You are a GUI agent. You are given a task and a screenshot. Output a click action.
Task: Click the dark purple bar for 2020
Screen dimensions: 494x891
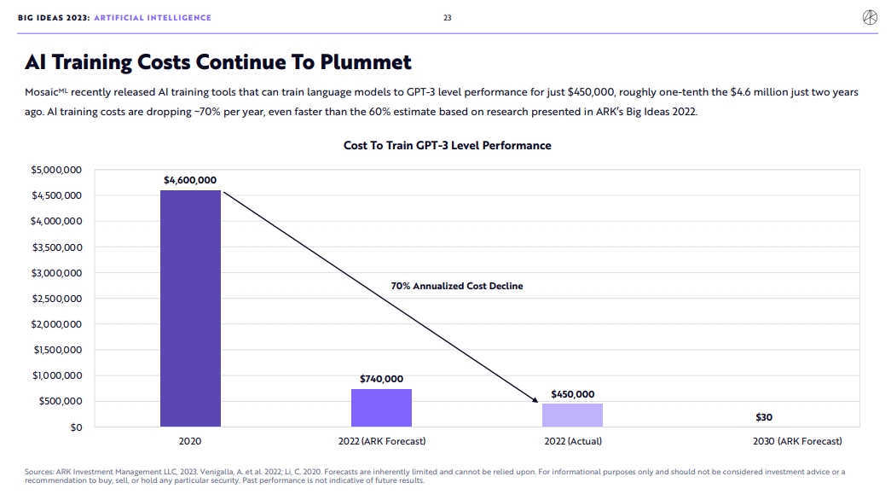pos(190,307)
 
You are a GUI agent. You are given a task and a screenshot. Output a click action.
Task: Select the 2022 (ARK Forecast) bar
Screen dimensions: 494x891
pos(381,408)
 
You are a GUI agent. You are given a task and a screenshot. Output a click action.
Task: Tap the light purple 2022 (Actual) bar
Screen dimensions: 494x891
pos(572,415)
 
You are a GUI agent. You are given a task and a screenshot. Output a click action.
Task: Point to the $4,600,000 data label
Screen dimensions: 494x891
pos(190,180)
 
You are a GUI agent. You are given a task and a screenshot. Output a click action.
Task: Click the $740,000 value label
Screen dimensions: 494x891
pos(381,379)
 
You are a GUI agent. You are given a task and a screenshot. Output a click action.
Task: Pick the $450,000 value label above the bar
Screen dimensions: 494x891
pos(572,394)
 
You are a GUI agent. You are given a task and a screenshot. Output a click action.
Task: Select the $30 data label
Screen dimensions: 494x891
pos(763,417)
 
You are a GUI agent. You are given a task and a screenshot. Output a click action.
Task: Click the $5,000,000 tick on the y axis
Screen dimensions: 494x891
pos(56,171)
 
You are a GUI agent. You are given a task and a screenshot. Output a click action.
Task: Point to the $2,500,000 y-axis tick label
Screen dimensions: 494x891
pos(56,299)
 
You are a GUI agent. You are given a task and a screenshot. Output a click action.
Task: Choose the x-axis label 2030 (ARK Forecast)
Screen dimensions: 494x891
pos(797,441)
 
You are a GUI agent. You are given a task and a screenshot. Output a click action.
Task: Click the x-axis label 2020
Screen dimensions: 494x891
pos(190,441)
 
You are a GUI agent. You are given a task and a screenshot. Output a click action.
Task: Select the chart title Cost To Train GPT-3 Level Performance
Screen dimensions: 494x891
pos(447,146)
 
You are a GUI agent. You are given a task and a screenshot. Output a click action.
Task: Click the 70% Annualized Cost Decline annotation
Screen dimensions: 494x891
pos(456,286)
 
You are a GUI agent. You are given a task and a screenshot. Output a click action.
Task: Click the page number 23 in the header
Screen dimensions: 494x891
pos(447,18)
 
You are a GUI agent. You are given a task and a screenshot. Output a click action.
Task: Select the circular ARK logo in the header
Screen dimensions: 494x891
pos(870,18)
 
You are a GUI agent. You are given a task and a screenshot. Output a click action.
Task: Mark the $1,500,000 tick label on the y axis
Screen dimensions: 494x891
pos(56,350)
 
